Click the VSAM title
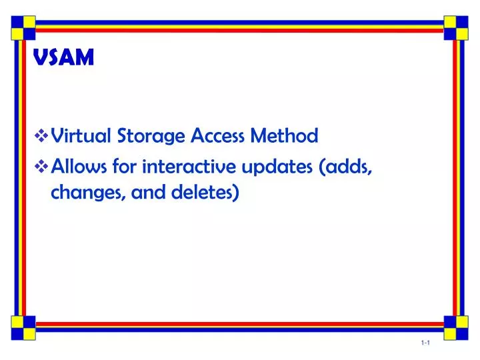tap(64, 59)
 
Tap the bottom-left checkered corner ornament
tap(22, 324)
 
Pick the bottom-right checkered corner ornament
tap(456, 324)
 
